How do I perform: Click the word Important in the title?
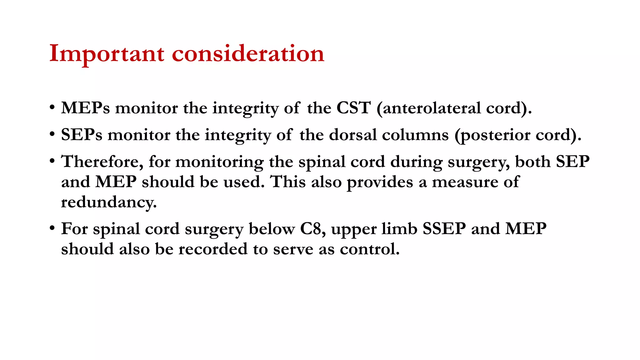pos(107,54)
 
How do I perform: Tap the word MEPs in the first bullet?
pos(85,108)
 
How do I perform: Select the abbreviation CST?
pos(353,108)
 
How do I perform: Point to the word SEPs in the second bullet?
pos(82,135)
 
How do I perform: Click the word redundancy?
pos(109,202)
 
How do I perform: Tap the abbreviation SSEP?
pos(444,229)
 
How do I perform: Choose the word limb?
pos(400,229)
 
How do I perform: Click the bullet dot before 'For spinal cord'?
pos(52,228)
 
